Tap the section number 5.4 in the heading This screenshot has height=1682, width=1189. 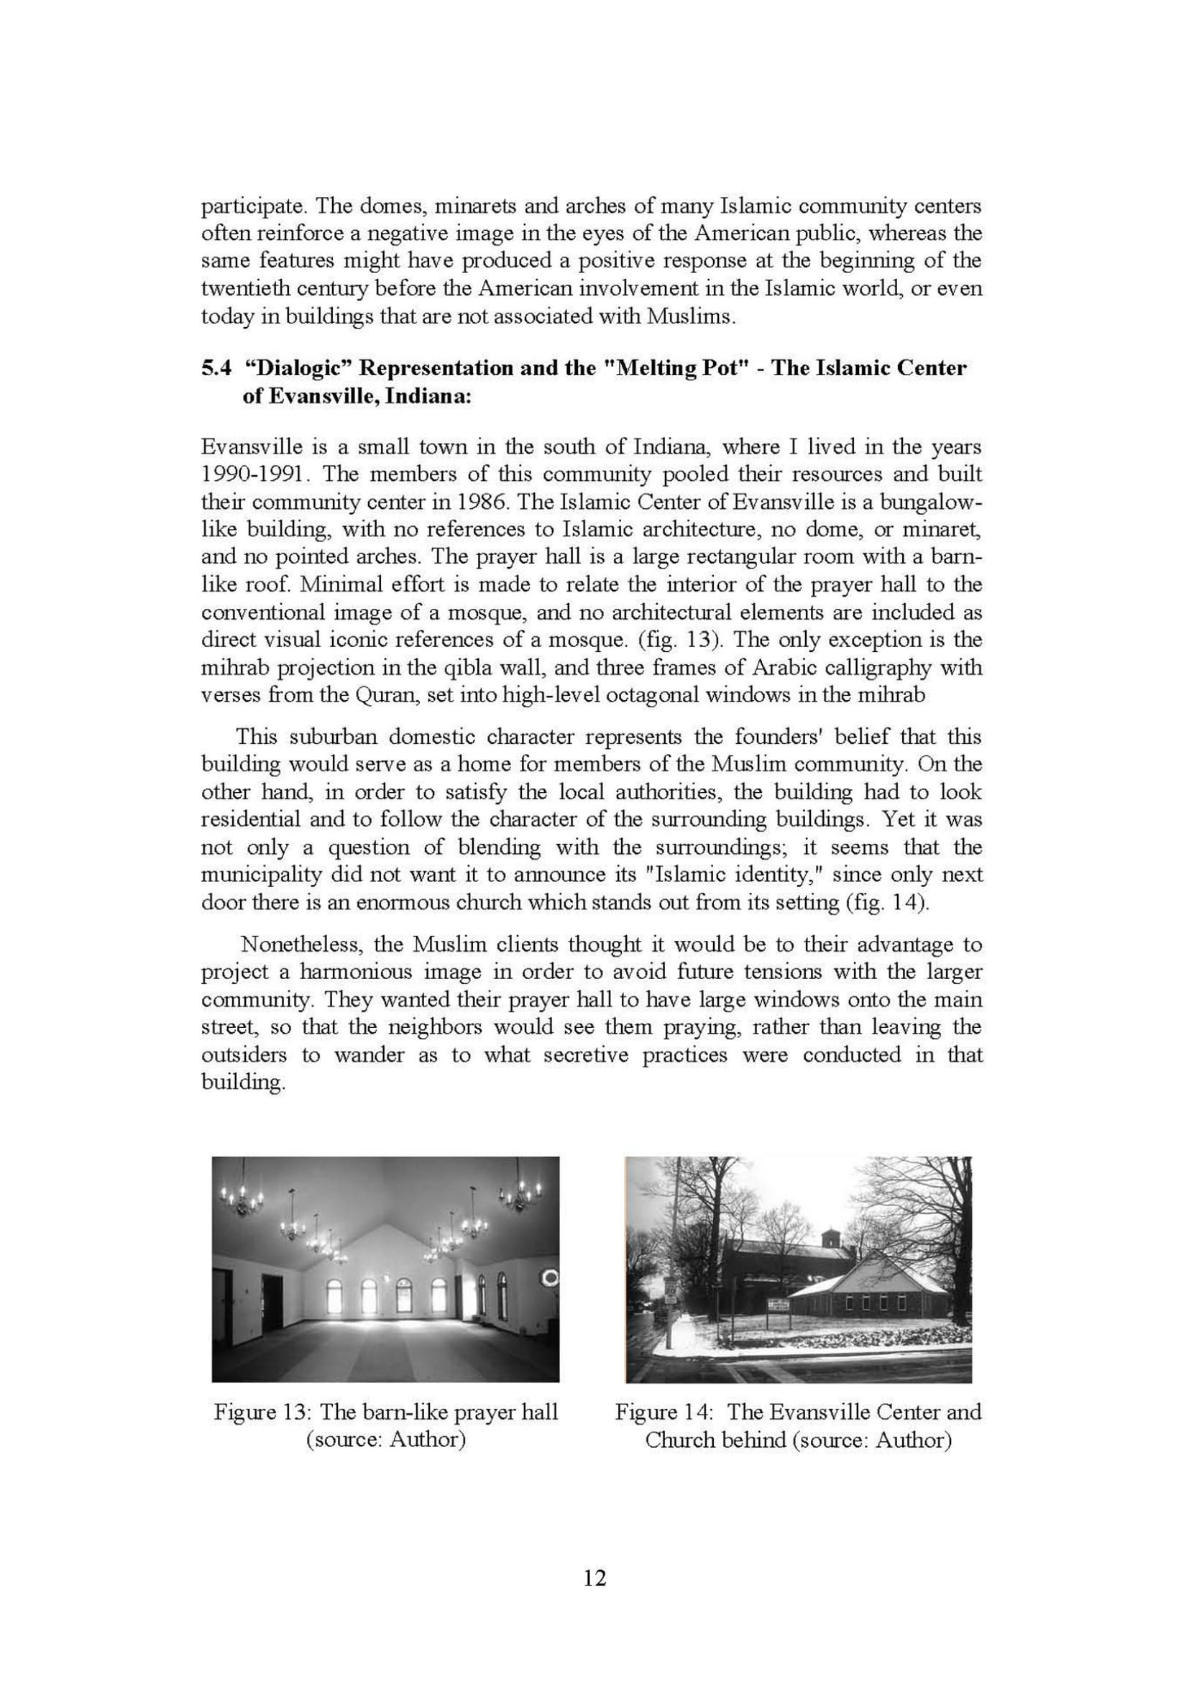pos(216,368)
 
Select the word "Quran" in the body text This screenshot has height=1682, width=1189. pos(382,695)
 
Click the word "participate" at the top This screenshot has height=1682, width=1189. pos(247,206)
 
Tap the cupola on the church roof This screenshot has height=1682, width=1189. pos(830,1238)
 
